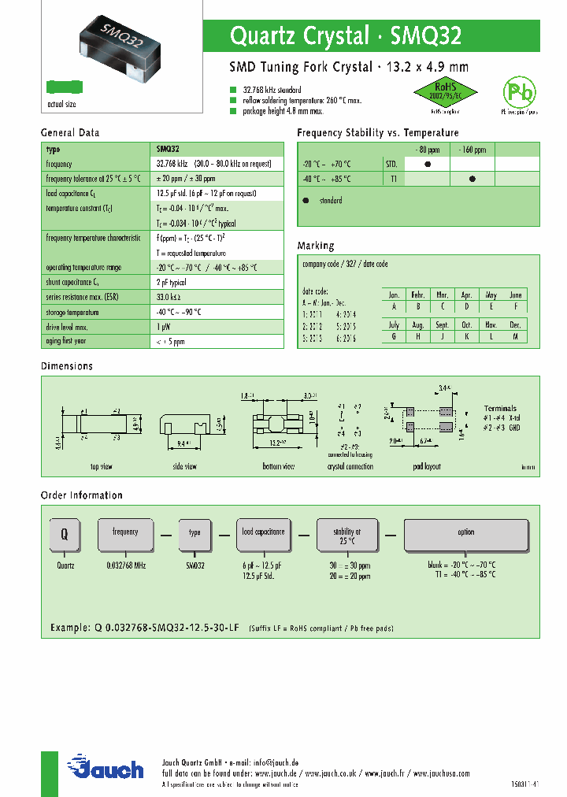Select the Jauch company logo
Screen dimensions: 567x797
(106, 768)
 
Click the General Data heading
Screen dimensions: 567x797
(70, 133)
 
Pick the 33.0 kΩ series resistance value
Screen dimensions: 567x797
(169, 297)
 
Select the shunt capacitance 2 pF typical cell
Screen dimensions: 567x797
(171, 282)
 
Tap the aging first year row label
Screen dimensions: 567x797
(66, 341)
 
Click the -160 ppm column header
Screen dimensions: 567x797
(472, 150)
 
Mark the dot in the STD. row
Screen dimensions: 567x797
(427, 164)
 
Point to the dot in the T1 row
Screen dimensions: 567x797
(472, 179)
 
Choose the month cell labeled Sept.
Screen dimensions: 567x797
(443, 324)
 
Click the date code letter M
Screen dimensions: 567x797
(515, 336)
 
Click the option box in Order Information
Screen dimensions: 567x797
(466, 534)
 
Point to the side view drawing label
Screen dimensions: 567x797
(185, 467)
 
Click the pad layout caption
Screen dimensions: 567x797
(429, 467)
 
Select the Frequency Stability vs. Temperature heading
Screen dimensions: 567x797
(377, 133)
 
